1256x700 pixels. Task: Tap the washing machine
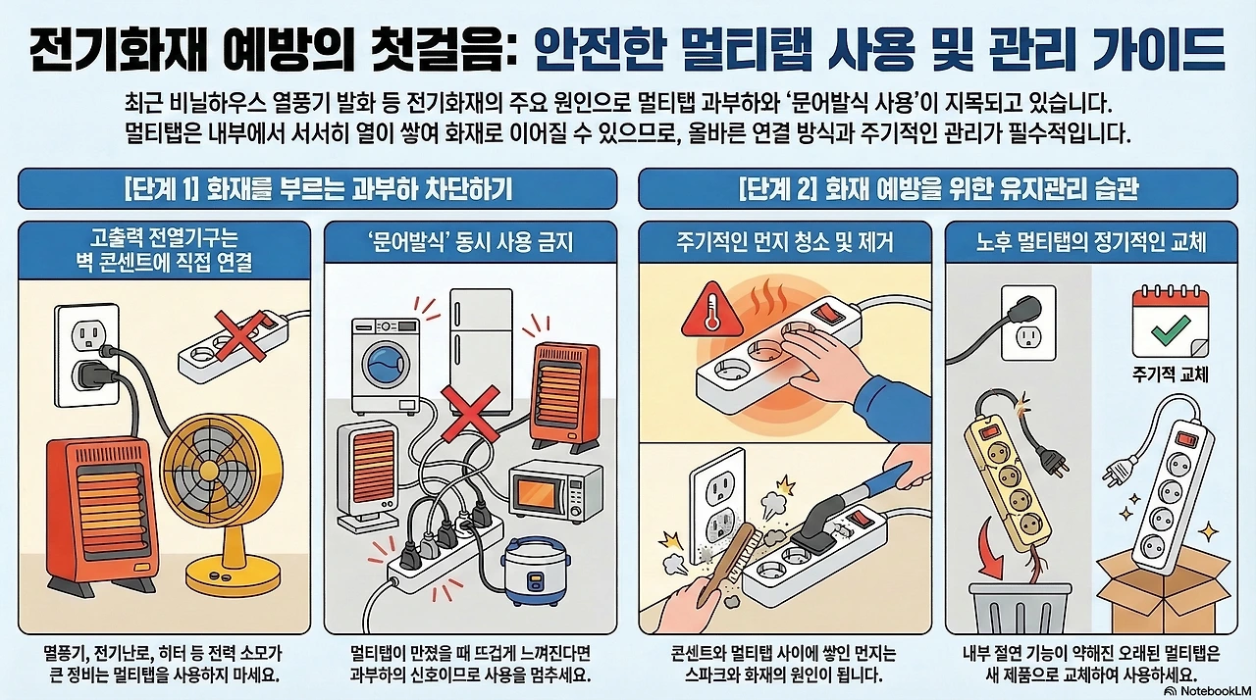click(386, 365)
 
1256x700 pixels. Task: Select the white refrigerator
click(481, 350)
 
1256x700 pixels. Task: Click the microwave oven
click(555, 492)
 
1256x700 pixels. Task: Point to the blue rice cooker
click(536, 572)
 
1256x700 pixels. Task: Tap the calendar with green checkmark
click(1170, 322)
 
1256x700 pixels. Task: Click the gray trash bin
click(1020, 608)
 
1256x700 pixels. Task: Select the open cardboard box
click(1164, 593)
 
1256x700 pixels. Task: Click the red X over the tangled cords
click(470, 413)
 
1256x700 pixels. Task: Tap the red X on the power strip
click(240, 336)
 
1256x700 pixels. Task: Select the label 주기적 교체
click(1170, 375)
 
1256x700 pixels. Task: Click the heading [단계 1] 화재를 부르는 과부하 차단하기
click(318, 189)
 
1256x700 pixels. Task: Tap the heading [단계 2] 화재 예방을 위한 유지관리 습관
click(938, 189)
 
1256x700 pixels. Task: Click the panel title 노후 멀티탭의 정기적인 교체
click(1091, 242)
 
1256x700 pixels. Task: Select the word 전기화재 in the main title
click(112, 50)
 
